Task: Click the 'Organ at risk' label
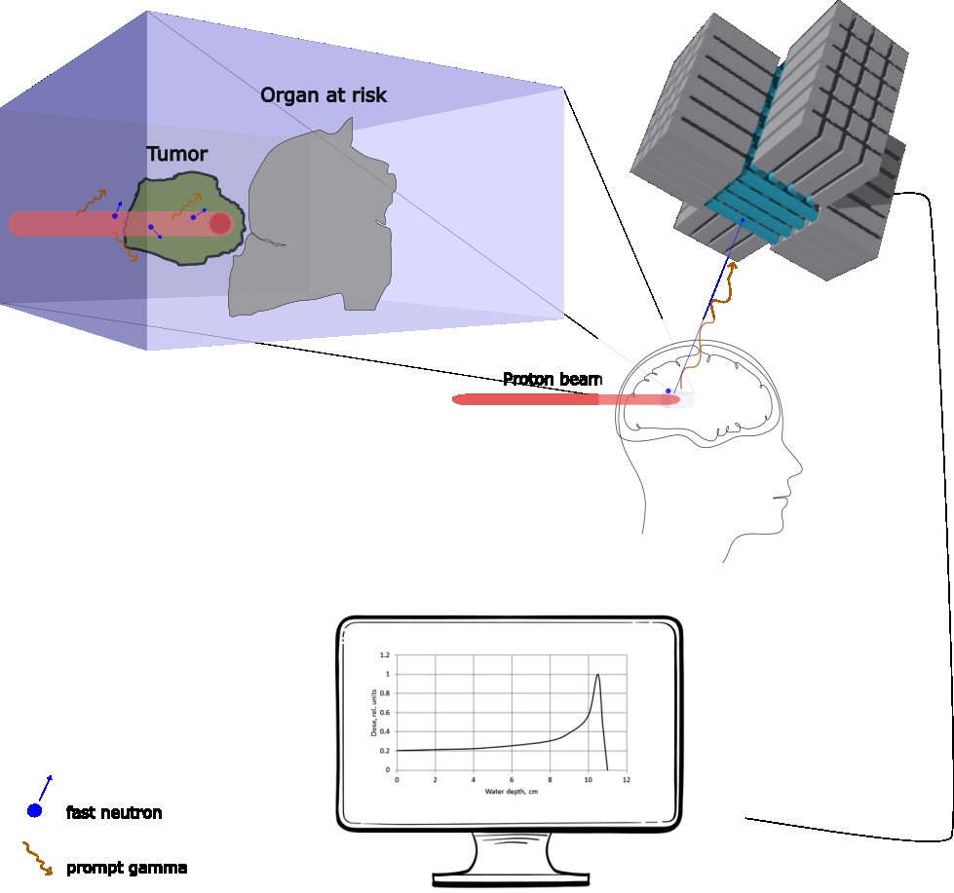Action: (x=324, y=95)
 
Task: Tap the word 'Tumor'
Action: (x=177, y=154)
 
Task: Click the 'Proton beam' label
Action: (x=553, y=380)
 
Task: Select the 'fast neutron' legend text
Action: (x=114, y=813)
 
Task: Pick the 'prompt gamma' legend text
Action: (x=127, y=868)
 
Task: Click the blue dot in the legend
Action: (x=35, y=810)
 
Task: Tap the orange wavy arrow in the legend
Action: (x=38, y=858)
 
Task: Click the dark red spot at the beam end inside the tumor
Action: (x=220, y=224)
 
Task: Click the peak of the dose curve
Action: (x=598, y=675)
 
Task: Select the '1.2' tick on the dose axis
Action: (x=385, y=654)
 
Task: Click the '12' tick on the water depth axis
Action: (x=626, y=779)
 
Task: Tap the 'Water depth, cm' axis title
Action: (x=511, y=792)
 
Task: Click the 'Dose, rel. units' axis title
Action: (x=373, y=713)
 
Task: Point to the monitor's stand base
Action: (x=511, y=879)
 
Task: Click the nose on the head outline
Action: (x=797, y=468)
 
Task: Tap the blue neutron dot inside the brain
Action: (x=668, y=391)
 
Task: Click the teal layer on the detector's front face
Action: (x=760, y=206)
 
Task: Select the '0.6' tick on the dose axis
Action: (x=385, y=713)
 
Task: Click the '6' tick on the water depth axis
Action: (x=512, y=779)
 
